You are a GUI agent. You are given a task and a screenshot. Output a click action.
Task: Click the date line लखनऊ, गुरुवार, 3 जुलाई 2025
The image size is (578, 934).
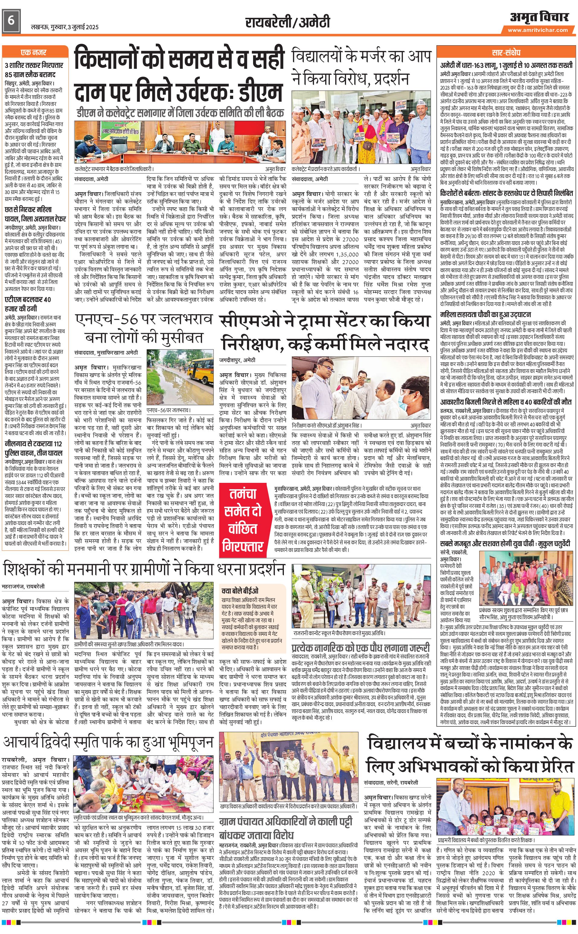(65, 27)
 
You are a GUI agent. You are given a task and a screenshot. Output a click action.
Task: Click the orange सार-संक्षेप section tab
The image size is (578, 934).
(506, 52)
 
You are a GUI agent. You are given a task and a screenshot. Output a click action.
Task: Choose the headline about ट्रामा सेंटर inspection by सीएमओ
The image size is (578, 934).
(325, 332)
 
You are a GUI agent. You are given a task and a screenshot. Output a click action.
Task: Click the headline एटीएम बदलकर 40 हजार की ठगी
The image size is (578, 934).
(28, 304)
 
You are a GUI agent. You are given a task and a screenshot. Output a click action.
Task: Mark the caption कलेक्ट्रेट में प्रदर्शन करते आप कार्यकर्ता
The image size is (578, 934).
(325, 168)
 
